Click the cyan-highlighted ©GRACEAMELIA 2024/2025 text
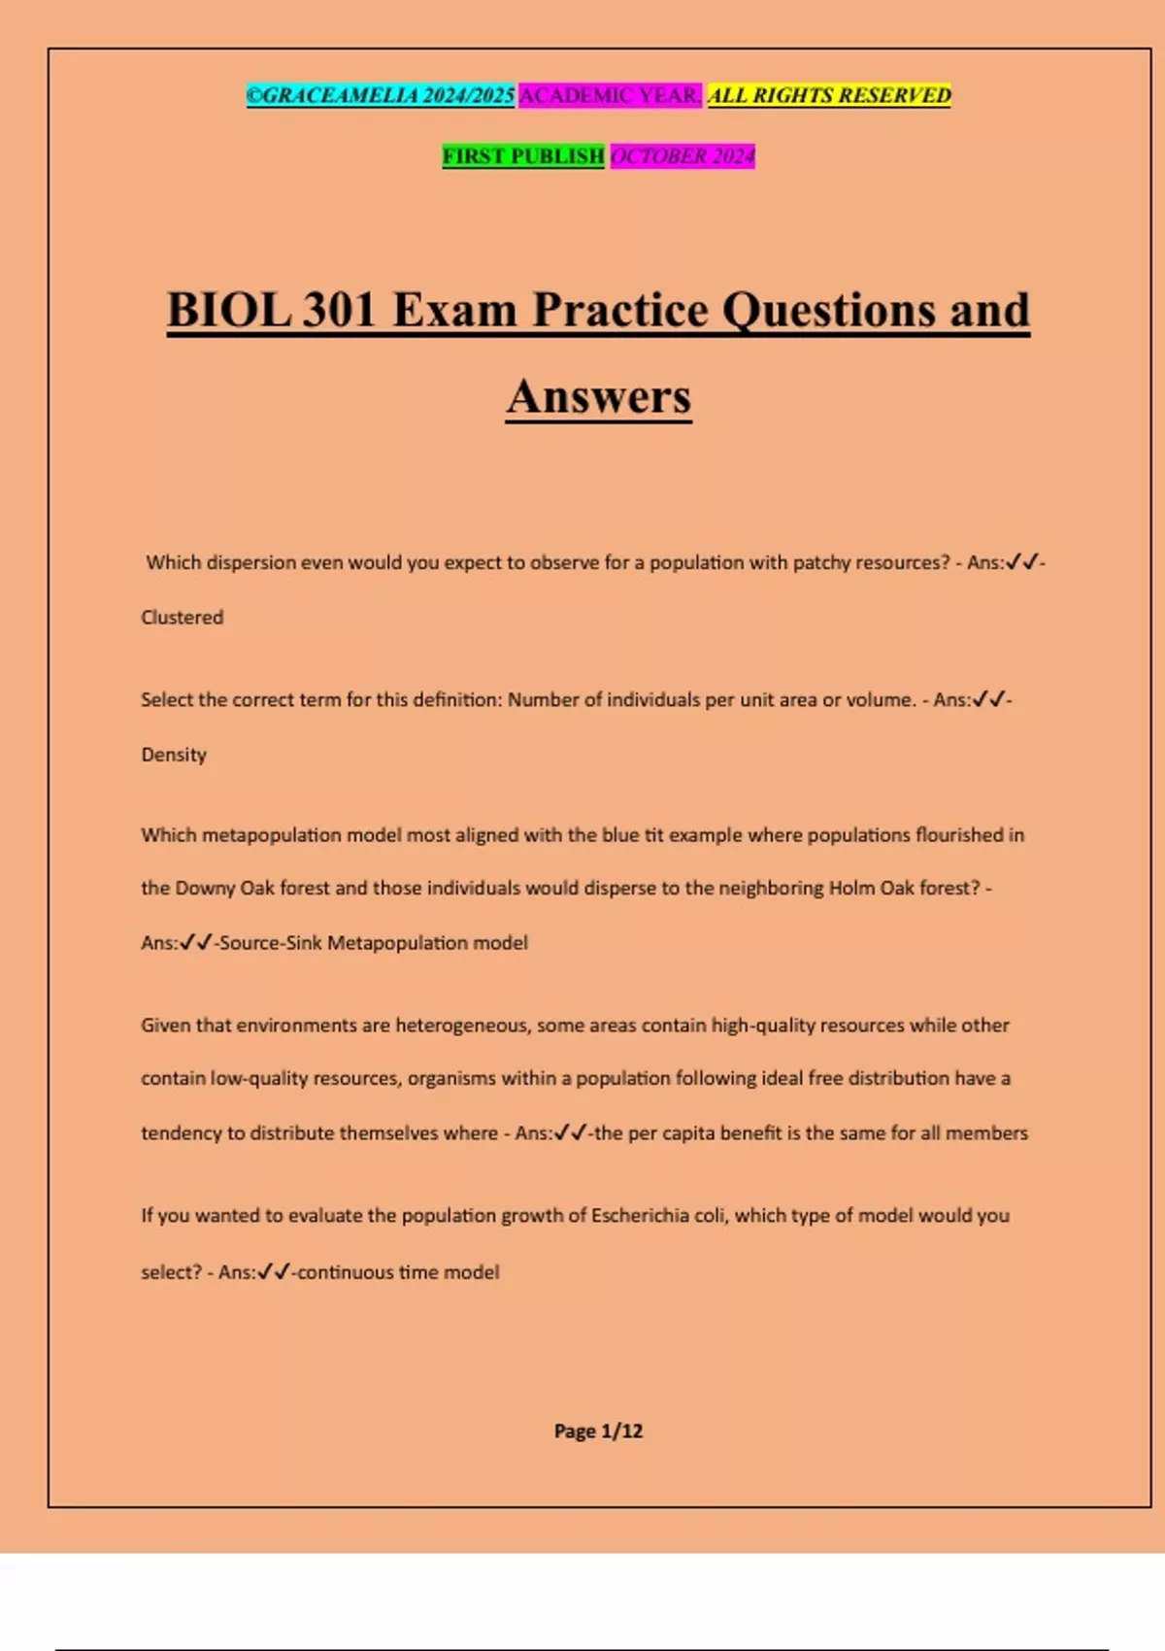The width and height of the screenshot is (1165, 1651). click(x=381, y=95)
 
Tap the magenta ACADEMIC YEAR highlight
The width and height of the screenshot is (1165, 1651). click(x=610, y=95)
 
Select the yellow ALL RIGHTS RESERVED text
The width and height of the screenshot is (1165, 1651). click(x=829, y=95)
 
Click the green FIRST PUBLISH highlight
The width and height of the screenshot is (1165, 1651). click(x=523, y=155)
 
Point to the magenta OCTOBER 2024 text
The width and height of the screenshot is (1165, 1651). click(x=682, y=155)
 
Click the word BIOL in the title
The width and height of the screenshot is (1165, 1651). click(x=229, y=311)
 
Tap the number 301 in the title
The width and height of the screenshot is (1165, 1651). click(x=340, y=311)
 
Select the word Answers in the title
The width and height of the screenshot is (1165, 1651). click(x=598, y=396)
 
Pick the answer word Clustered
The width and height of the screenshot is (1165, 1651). click(x=183, y=618)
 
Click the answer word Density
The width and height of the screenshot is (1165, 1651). click(x=174, y=755)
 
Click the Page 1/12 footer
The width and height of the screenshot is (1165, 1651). click(x=598, y=1431)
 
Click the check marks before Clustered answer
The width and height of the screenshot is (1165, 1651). click(x=1022, y=562)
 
